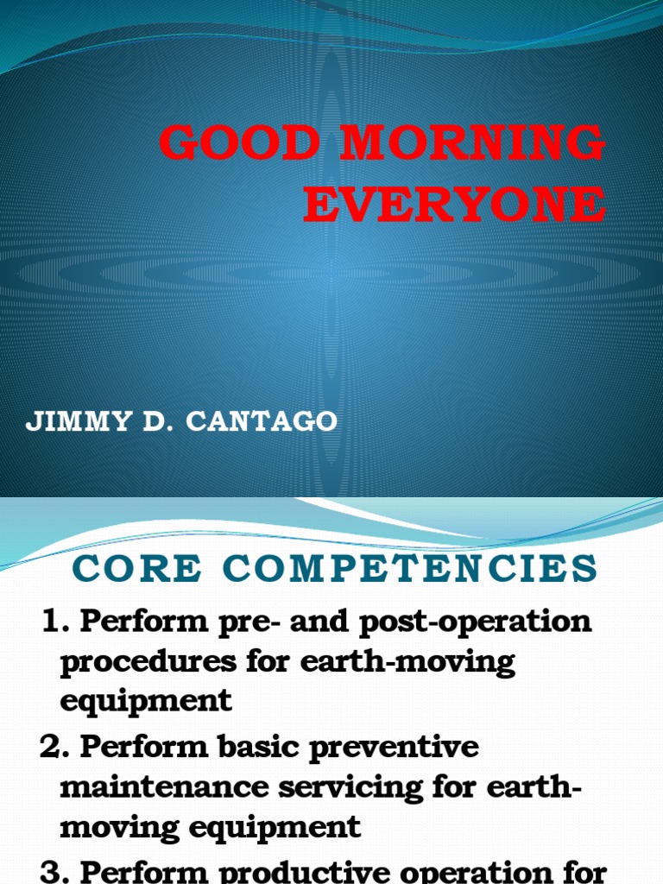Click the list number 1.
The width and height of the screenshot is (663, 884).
(54, 622)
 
